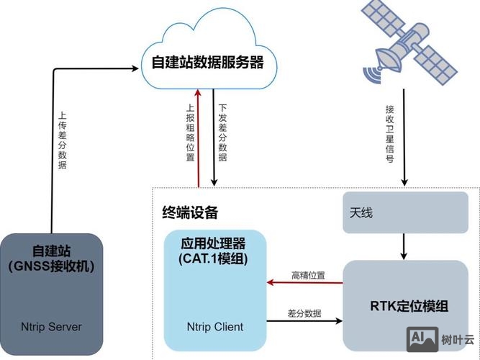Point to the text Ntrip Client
pos(214,326)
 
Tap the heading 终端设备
pos(190,213)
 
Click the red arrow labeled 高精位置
pos(305,283)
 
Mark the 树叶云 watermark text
pos(457,339)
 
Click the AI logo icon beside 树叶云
pos(422,338)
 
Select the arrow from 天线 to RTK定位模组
pos(404,247)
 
